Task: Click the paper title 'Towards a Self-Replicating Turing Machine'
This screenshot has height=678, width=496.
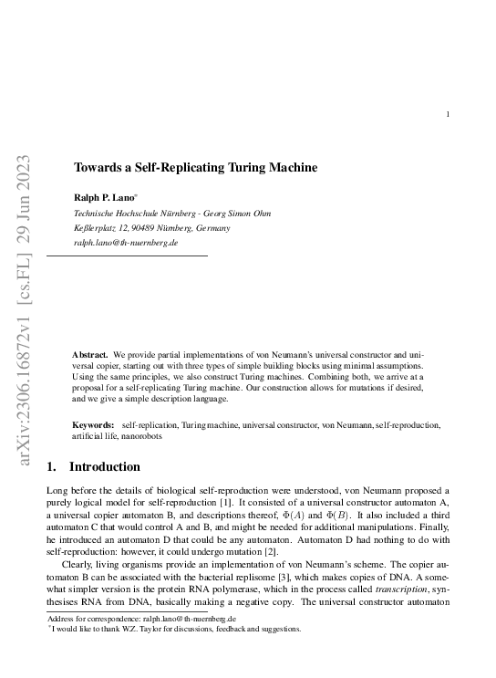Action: click(195, 168)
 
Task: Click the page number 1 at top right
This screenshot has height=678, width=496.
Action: click(447, 114)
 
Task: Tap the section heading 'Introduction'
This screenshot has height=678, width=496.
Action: click(106, 467)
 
